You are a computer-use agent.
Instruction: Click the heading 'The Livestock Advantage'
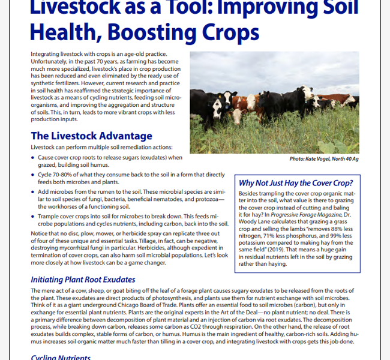click(x=91, y=136)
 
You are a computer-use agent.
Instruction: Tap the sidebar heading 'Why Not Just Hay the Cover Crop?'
click(x=295, y=183)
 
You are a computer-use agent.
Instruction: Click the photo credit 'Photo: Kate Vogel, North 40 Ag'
click(x=324, y=158)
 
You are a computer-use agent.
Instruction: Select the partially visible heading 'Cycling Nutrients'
click(x=60, y=358)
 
